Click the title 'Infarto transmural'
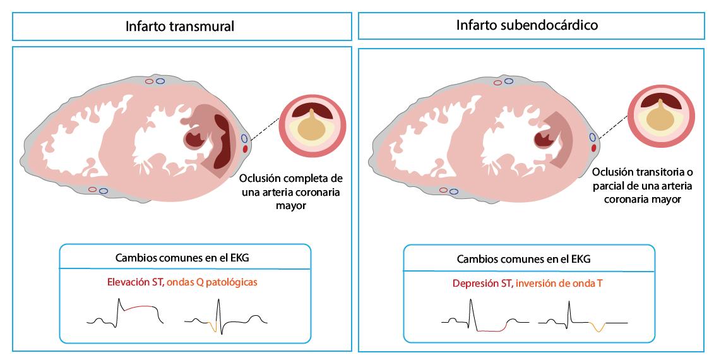click(180, 27)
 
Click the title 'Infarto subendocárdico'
click(527, 26)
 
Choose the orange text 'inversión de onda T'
click(559, 283)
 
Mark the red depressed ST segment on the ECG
click(491, 330)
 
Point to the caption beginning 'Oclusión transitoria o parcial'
click(643, 186)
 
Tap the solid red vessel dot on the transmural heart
click(245, 148)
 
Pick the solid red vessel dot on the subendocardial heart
click(593, 147)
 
